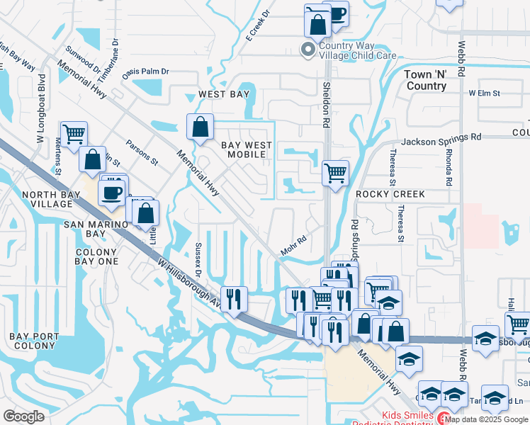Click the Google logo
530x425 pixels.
(23, 416)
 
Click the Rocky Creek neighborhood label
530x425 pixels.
(390, 194)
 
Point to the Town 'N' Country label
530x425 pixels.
(427, 80)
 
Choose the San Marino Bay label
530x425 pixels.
(45, 229)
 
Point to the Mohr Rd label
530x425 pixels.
(293, 246)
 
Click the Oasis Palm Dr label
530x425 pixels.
(146, 72)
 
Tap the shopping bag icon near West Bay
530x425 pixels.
(201, 127)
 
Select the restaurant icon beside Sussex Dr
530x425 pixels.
(234, 297)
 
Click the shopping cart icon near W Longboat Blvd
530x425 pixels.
(74, 133)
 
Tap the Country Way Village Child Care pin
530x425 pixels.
(308, 49)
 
